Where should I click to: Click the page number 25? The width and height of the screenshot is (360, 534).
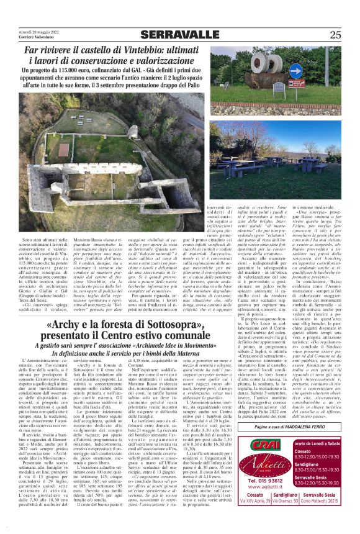[x=335, y=34]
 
